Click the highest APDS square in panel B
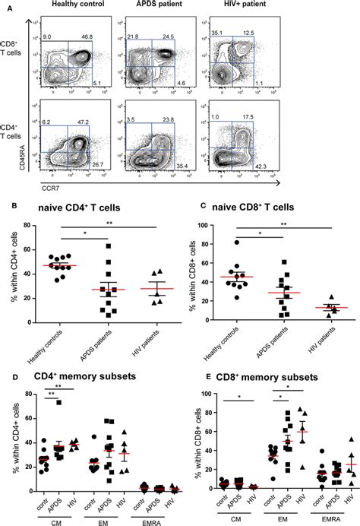point(109,246)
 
